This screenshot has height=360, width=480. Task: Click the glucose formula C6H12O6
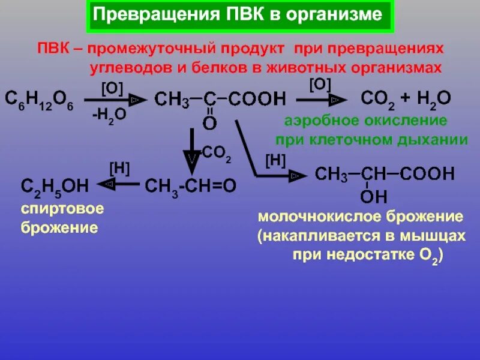[39, 99]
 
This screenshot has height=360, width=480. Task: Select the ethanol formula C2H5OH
[55, 187]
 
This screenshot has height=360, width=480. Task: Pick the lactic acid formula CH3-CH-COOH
[385, 175]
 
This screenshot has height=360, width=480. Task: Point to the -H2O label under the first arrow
[109, 115]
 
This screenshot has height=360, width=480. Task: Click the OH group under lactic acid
[373, 197]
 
